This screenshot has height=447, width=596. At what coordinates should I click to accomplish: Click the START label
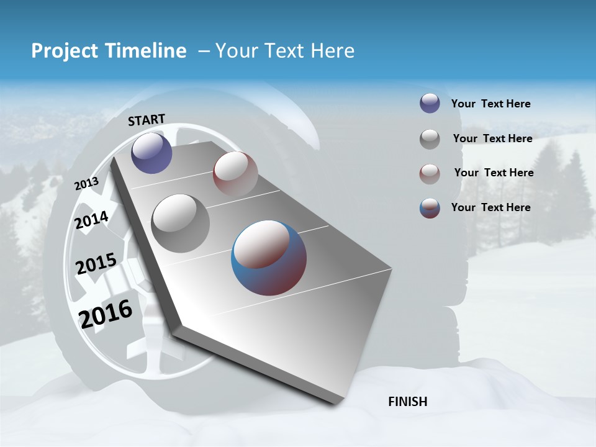tap(147, 120)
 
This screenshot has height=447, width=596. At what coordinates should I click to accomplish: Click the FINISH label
tap(407, 402)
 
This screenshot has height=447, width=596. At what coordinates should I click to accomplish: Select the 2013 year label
tap(86, 184)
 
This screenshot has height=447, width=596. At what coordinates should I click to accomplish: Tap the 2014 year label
tap(92, 220)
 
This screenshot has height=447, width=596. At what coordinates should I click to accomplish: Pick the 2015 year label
tap(96, 264)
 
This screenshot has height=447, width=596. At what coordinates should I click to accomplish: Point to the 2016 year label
tap(106, 314)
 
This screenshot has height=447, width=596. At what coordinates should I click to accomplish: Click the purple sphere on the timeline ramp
tap(151, 153)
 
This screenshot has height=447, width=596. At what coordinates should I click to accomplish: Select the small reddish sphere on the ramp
tap(235, 173)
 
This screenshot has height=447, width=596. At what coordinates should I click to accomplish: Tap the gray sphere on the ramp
tap(181, 223)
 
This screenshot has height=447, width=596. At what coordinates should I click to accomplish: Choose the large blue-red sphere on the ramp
tap(269, 258)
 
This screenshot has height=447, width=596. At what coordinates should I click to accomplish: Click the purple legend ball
tap(430, 104)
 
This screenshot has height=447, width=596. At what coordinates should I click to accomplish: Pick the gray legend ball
tap(430, 139)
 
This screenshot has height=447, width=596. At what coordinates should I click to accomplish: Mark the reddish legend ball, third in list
tap(430, 173)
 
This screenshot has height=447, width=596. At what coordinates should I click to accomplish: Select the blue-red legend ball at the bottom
tap(430, 208)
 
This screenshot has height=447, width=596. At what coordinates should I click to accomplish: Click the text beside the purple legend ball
tap(490, 104)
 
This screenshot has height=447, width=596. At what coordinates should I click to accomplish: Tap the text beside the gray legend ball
tap(492, 138)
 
